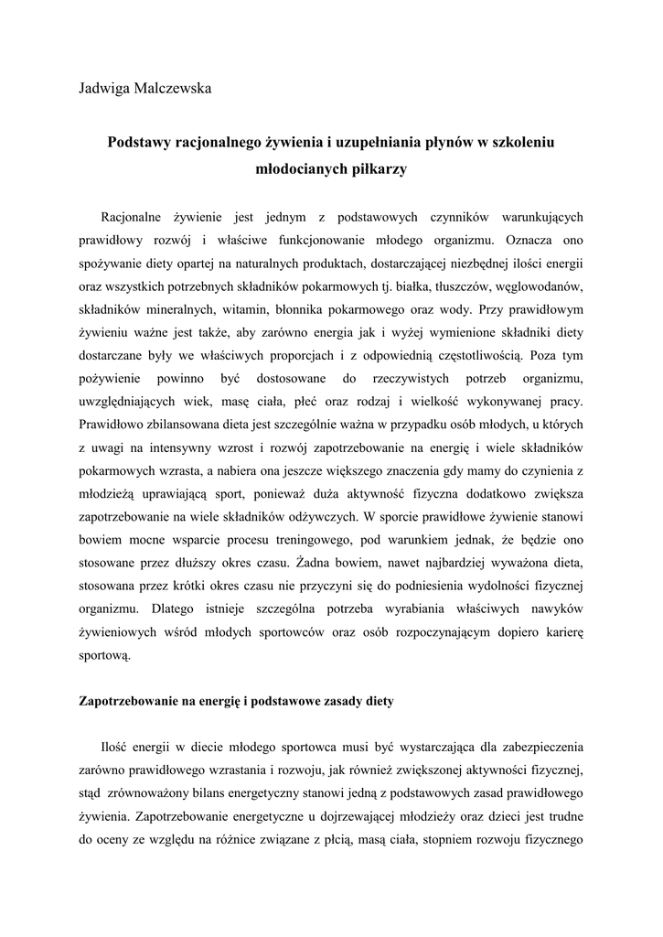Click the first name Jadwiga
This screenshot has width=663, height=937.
click(x=102, y=89)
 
